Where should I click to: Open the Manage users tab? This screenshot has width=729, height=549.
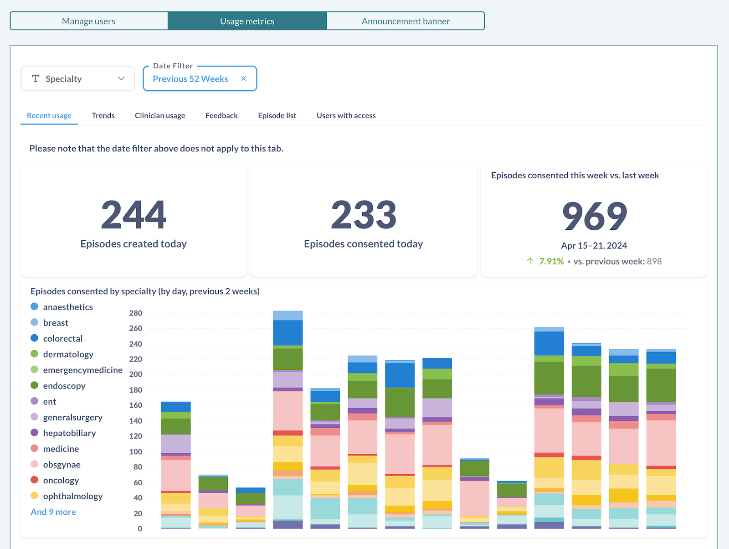[89, 21]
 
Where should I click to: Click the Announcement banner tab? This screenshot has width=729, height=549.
[406, 21]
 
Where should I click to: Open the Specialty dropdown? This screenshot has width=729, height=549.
[78, 79]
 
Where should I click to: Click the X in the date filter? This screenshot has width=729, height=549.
[244, 78]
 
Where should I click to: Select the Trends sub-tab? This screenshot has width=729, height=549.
[103, 115]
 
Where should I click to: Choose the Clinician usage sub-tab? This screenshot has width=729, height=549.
[160, 115]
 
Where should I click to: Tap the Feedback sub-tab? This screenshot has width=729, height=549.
[221, 115]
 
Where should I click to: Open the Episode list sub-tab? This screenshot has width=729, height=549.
[277, 115]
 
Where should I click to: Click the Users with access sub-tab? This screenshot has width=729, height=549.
[346, 115]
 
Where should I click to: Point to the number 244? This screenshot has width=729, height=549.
[133, 215]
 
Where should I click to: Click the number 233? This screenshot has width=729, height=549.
[364, 215]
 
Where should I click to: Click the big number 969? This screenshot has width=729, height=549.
[594, 216]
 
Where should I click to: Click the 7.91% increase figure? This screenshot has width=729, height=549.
[551, 261]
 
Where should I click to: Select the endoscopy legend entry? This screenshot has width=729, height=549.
[64, 386]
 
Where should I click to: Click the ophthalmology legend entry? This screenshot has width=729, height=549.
[72, 496]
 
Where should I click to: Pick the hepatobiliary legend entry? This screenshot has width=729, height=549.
[69, 433]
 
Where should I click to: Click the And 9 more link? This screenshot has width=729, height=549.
[53, 512]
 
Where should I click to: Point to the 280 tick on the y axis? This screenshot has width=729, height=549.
[136, 313]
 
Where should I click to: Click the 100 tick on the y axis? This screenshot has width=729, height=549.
[136, 452]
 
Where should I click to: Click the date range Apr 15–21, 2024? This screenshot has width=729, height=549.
[594, 246]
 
